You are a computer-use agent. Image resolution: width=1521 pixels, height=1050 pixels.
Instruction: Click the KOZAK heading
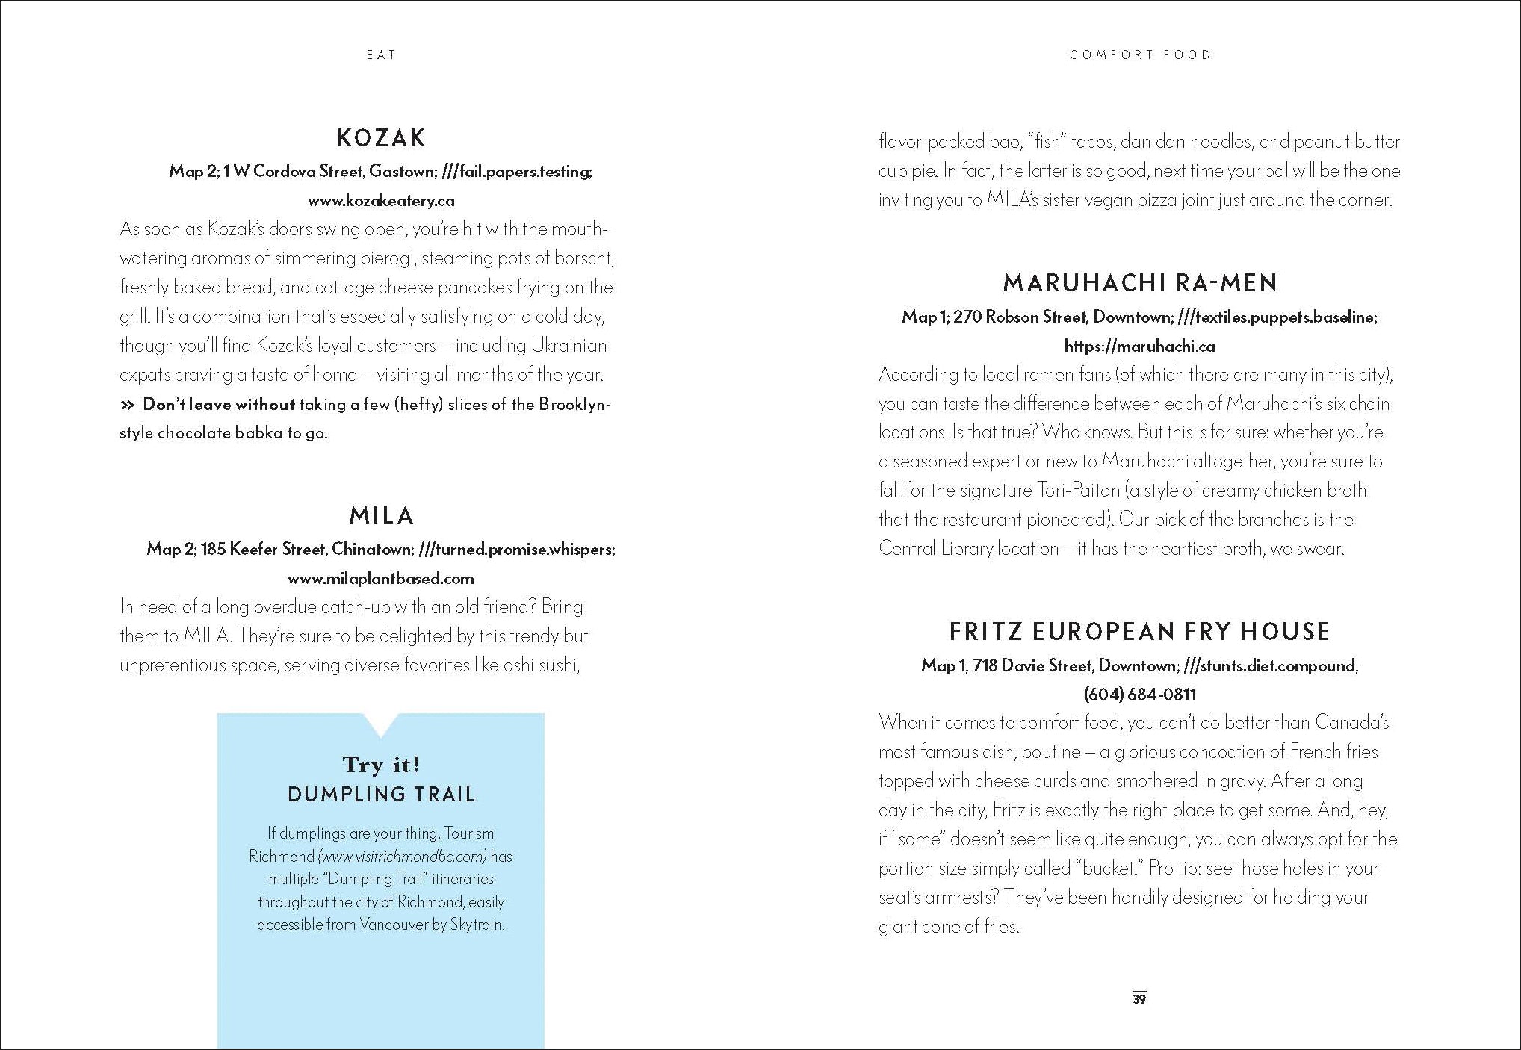[381, 138]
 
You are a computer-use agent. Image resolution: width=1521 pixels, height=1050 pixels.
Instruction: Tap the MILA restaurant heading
[381, 515]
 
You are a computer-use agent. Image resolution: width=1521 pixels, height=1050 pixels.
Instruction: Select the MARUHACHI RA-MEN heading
[1140, 283]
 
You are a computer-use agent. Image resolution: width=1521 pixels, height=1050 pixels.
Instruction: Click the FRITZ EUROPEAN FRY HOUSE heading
[1140, 632]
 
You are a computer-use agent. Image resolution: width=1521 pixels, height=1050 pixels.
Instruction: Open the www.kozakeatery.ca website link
[381, 201]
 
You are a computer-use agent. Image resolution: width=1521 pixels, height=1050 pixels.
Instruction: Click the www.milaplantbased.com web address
[381, 579]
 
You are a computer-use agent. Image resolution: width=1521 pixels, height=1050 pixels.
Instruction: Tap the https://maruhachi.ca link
[1140, 347]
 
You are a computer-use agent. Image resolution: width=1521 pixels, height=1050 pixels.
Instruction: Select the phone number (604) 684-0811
[1140, 695]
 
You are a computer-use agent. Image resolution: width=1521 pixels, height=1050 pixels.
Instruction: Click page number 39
[1139, 998]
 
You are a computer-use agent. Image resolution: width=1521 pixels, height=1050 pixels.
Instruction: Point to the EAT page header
[381, 55]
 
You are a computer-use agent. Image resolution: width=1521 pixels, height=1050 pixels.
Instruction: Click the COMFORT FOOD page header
[1140, 55]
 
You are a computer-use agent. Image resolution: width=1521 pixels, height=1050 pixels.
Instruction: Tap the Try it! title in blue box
[381, 765]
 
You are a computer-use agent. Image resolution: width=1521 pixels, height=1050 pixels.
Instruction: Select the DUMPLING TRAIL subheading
[381, 795]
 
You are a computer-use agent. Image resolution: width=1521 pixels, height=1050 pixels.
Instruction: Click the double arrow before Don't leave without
[128, 405]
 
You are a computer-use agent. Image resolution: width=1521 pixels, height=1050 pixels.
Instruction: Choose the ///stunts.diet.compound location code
[1279, 665]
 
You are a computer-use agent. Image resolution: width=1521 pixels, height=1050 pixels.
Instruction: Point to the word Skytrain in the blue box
[477, 925]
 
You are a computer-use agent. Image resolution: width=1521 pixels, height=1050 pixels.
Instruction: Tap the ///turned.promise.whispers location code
[516, 550]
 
